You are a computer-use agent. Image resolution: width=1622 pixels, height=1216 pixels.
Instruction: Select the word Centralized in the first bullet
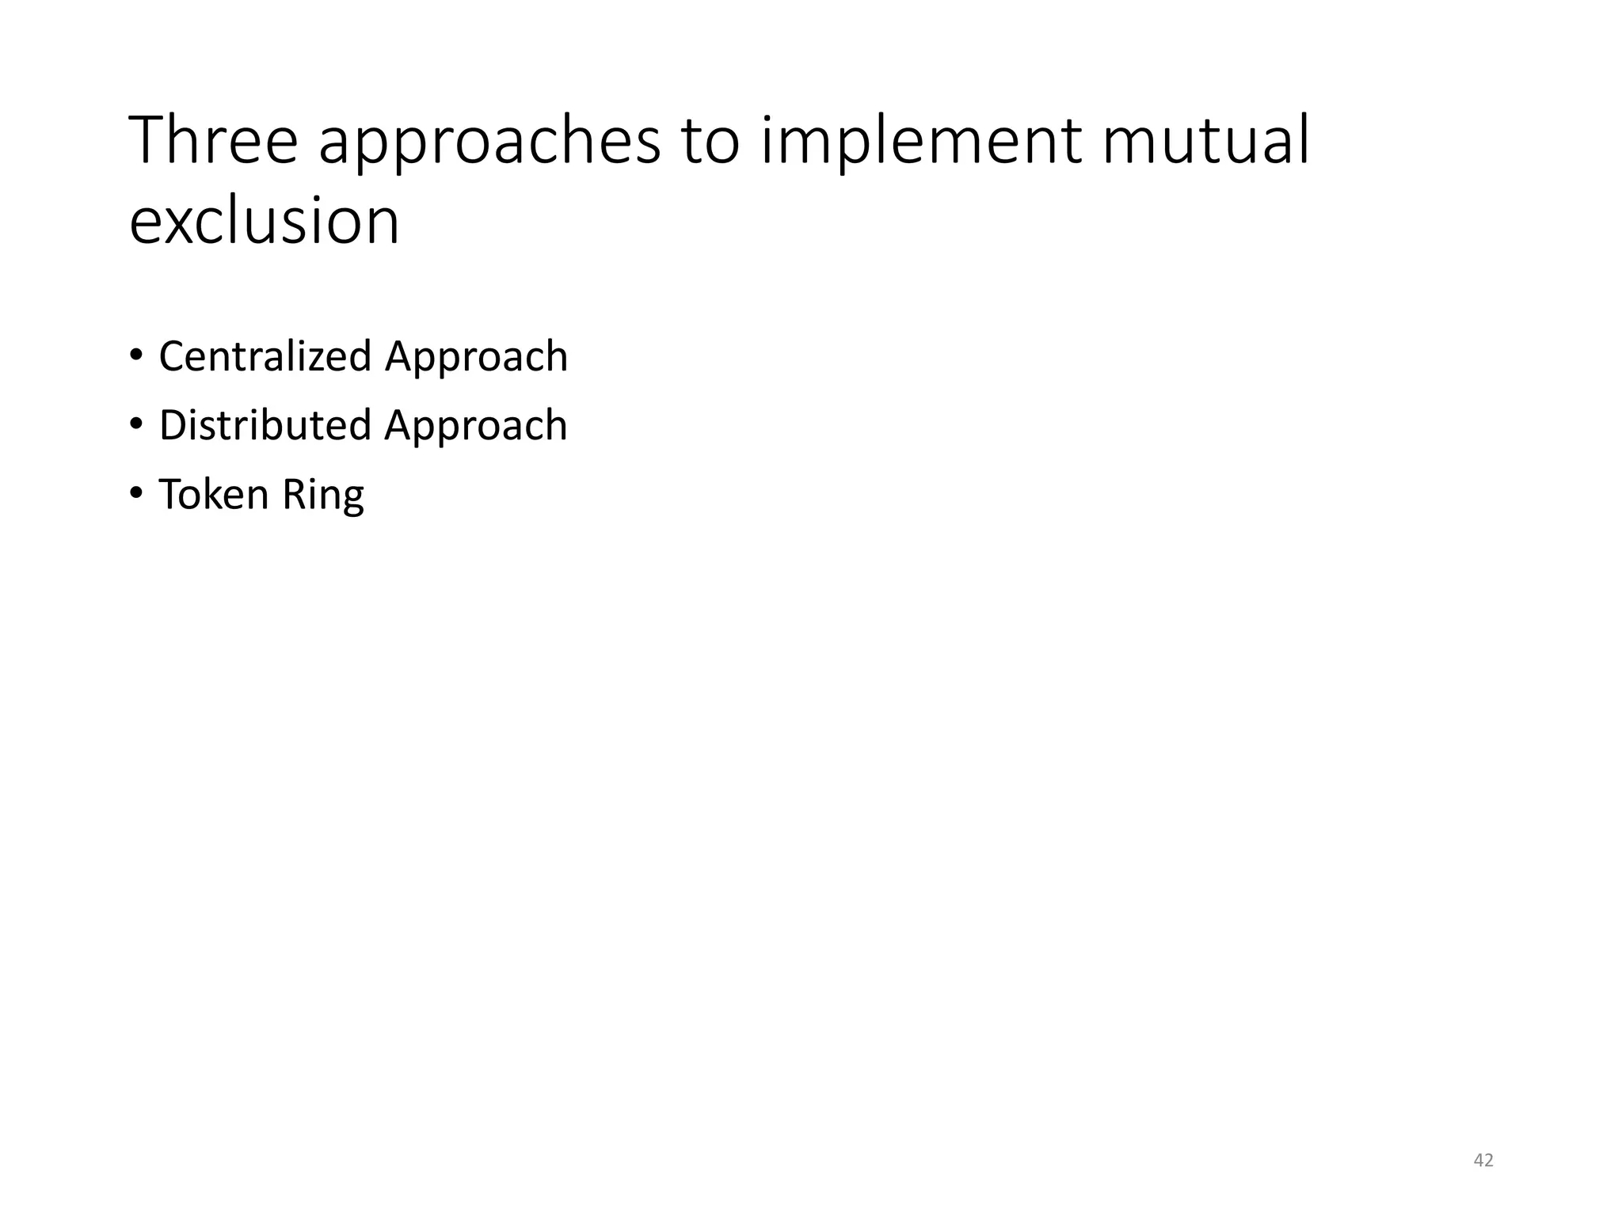[x=265, y=356]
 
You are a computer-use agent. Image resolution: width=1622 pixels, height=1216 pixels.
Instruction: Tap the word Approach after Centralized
[x=476, y=358]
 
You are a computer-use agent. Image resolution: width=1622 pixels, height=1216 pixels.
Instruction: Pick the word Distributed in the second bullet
[x=265, y=425]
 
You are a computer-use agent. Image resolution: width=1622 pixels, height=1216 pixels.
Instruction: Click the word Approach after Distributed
[x=476, y=427]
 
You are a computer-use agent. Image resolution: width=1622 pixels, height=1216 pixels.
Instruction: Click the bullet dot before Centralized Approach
[x=136, y=355]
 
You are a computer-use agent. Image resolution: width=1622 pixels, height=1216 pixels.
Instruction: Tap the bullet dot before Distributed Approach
[x=136, y=424]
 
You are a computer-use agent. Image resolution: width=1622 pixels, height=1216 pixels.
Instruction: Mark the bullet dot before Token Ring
[x=136, y=492]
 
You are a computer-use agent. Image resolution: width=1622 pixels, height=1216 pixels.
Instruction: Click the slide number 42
[x=1483, y=1161]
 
